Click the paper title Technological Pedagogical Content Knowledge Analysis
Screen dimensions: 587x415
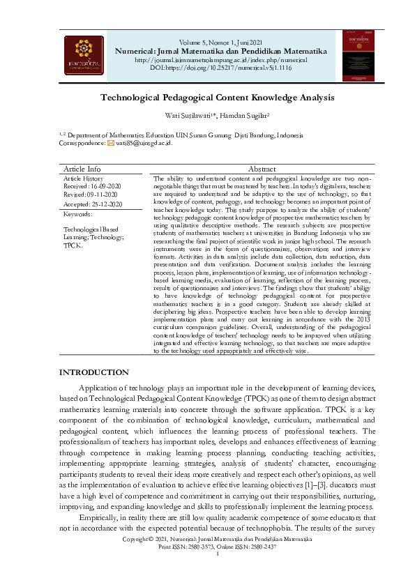207,98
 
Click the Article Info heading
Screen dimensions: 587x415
82,169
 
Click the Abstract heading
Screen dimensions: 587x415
262,169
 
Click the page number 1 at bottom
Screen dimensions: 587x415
218,554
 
